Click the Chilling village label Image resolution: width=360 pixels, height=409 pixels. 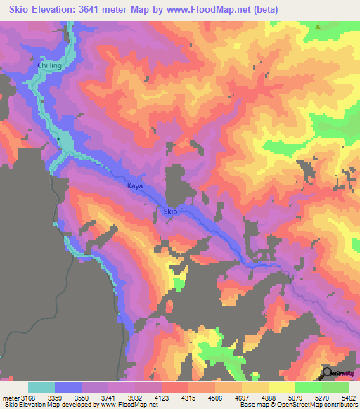[x=50, y=65]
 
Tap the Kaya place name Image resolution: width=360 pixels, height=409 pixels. [x=134, y=186]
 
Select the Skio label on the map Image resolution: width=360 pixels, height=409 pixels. [x=170, y=212]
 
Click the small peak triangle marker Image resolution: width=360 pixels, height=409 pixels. [x=319, y=27]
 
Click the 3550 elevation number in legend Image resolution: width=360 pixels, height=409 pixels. [x=96, y=398]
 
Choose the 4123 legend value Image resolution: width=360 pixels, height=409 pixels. [x=176, y=398]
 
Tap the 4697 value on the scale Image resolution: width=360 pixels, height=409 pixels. [x=257, y=398]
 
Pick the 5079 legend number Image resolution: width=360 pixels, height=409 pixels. [x=311, y=398]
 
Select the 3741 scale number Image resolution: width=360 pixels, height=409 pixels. [x=122, y=398]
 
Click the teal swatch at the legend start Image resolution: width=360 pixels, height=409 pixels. [x=41, y=387]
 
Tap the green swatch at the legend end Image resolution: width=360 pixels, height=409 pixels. [x=335, y=387]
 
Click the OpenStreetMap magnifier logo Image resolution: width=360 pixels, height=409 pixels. [x=328, y=373]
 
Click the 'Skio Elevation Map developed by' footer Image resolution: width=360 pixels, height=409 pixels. [x=49, y=405]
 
